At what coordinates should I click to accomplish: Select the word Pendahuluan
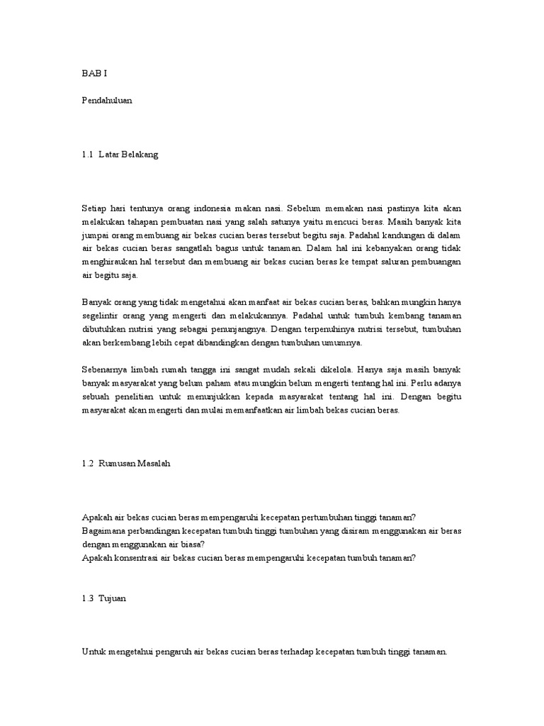[107, 101]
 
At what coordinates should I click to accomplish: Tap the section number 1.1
[88, 155]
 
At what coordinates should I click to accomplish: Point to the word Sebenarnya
[106, 369]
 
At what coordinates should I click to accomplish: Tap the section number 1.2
[88, 463]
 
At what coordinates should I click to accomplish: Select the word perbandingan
[160, 530]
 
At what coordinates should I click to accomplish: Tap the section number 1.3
[88, 598]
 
